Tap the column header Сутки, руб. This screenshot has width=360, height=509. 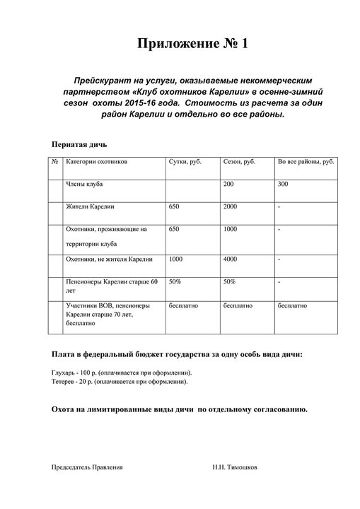[185, 162]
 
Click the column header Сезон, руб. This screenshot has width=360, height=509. [239, 162]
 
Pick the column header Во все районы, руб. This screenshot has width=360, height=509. [306, 162]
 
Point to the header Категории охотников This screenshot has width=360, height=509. [96, 162]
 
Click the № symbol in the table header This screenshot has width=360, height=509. [55, 162]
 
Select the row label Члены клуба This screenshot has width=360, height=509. [86, 184]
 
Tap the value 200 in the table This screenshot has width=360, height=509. [228, 184]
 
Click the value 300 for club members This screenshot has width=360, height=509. [284, 184]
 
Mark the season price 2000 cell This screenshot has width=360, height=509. [230, 206]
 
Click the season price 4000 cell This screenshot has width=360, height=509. [230, 259]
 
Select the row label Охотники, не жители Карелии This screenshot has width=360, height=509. [108, 259]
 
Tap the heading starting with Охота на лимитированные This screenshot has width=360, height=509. [180, 409]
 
